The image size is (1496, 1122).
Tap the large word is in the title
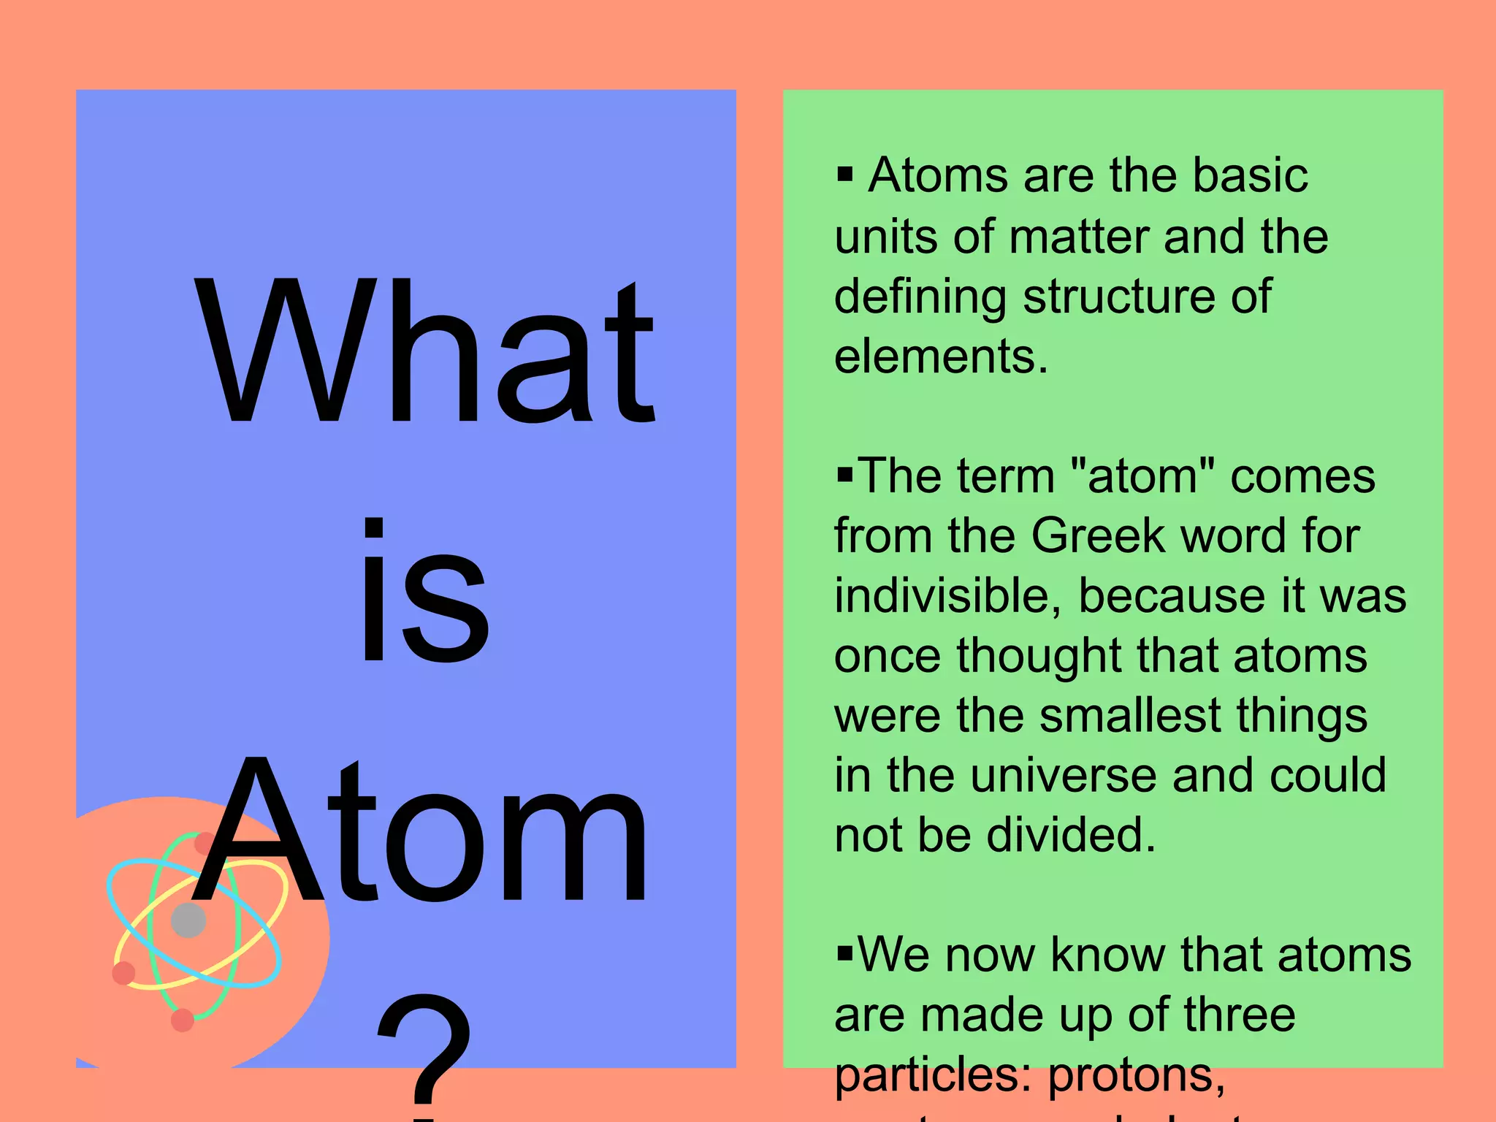pos(424,592)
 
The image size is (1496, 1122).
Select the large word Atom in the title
pos(420,833)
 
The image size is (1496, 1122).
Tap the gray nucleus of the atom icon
pos(188,920)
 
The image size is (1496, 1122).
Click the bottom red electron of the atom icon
pos(182,1020)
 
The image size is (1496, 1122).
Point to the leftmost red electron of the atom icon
pos(123,973)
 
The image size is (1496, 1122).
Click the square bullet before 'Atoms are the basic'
pos(845,175)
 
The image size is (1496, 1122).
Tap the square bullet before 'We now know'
pos(845,954)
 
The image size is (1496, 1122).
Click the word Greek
pos(1099,536)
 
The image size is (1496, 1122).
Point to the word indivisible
pos(947,596)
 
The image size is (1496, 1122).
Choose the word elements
pos(941,356)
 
